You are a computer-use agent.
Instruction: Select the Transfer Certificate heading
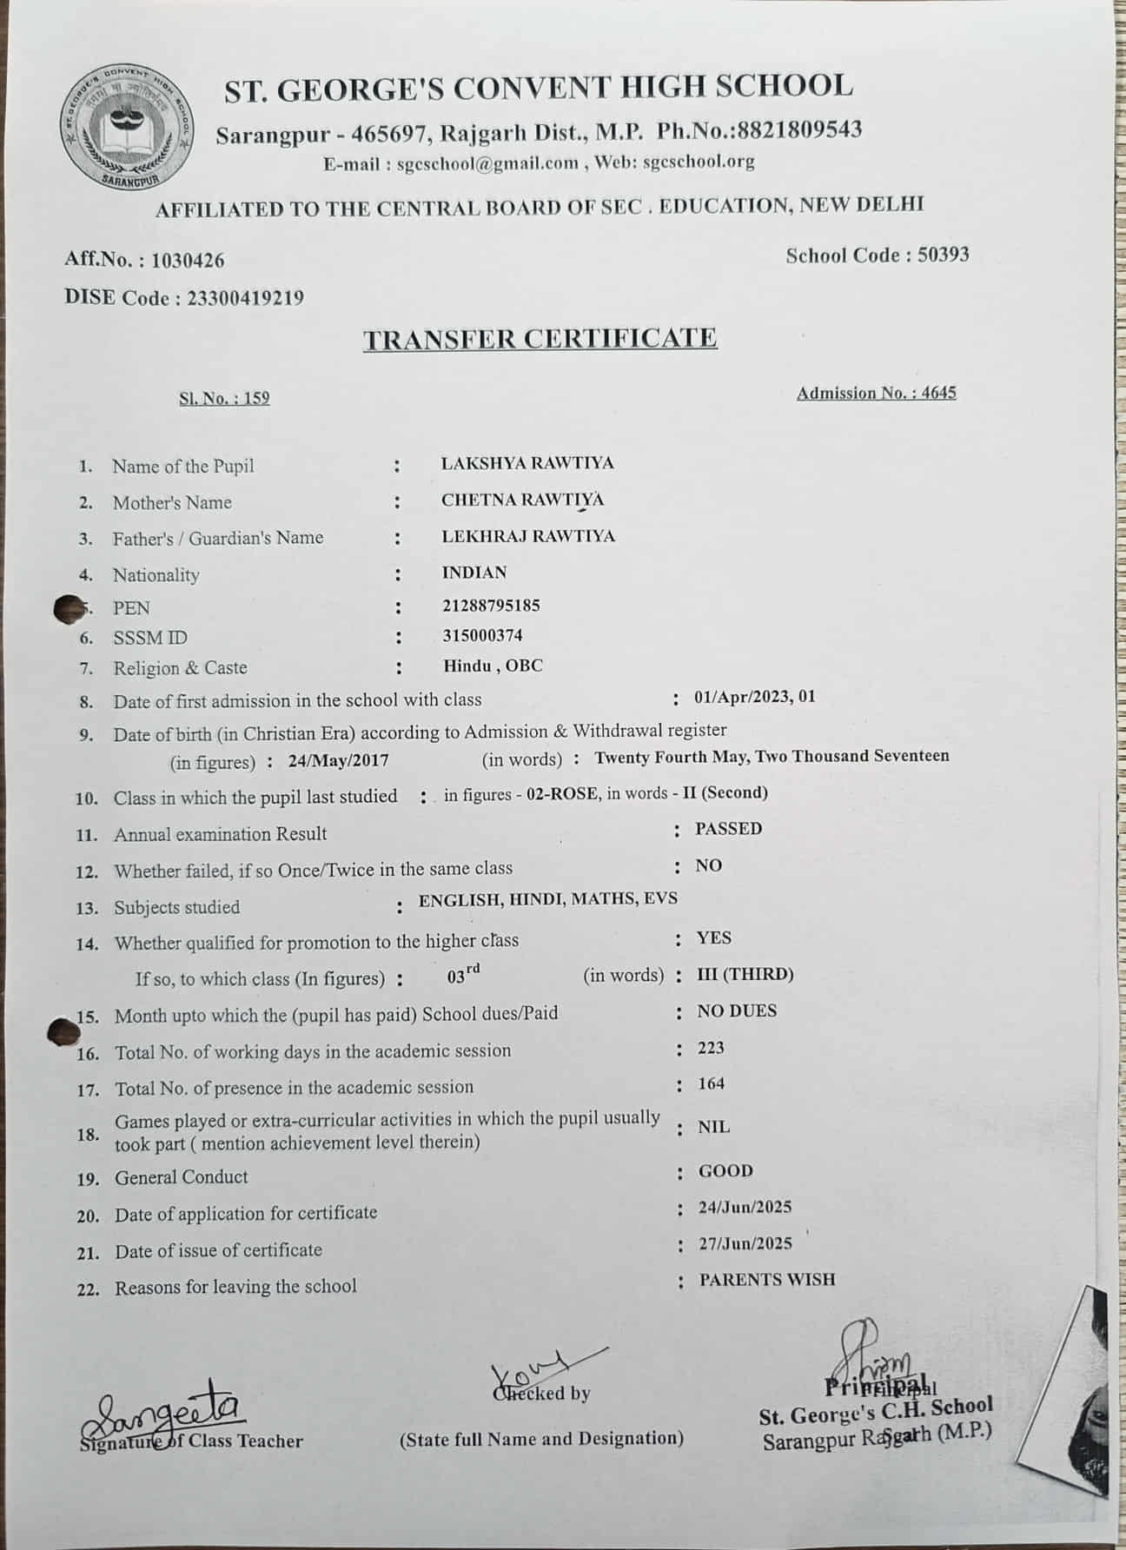click(x=540, y=338)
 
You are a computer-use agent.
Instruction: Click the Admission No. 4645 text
click(x=876, y=393)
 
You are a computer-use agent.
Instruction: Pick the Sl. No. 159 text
click(x=224, y=399)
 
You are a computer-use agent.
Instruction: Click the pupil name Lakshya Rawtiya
click(x=527, y=463)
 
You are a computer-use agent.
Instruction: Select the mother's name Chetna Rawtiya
click(x=523, y=500)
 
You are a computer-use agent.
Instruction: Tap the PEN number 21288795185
click(x=491, y=605)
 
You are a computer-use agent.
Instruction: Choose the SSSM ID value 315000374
click(x=482, y=635)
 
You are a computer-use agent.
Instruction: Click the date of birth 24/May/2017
click(x=339, y=761)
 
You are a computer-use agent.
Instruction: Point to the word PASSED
click(x=728, y=829)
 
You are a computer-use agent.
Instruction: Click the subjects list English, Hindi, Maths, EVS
click(x=547, y=899)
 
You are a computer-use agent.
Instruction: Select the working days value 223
click(x=711, y=1048)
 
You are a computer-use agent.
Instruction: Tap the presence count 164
click(x=711, y=1083)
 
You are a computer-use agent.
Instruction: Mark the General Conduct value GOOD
click(x=725, y=1171)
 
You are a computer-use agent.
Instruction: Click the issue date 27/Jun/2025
click(x=745, y=1243)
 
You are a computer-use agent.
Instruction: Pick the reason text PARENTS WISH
click(x=767, y=1280)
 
